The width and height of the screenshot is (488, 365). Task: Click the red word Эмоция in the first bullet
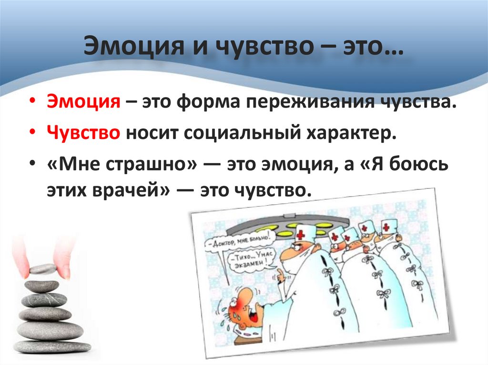82,103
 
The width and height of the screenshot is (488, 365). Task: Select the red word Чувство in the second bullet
83,132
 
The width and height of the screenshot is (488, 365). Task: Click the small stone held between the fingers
42,269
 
